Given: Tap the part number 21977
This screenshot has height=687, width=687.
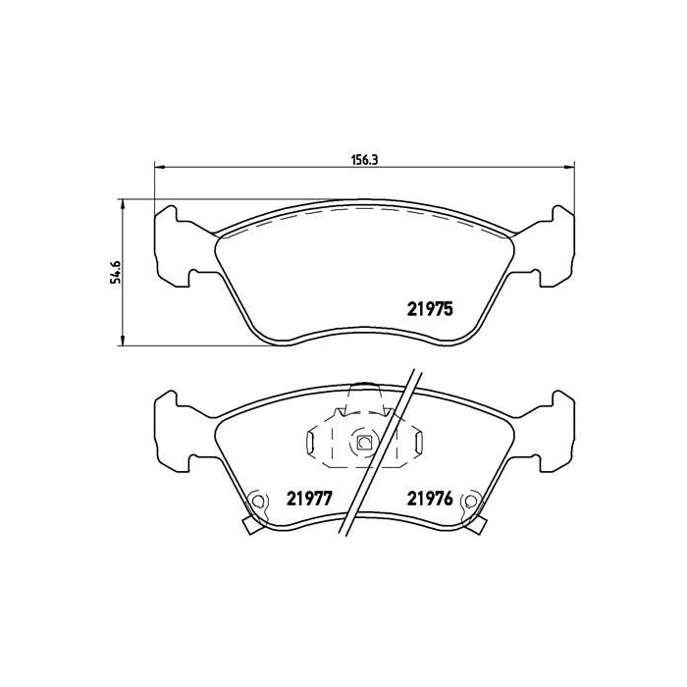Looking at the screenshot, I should pos(306,498).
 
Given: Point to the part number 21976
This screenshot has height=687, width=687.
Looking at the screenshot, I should pos(429,498).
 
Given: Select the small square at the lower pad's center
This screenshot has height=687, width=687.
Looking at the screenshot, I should pos(363,443).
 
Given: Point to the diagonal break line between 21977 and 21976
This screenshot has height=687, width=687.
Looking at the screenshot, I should pos(378,451).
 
